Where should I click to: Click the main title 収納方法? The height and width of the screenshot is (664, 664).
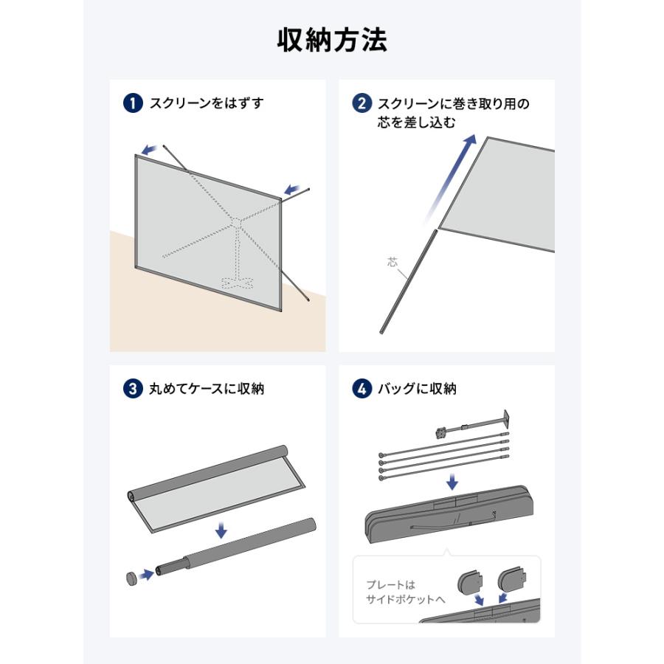coord(332,41)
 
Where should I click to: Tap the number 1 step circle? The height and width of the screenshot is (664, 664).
coord(133,103)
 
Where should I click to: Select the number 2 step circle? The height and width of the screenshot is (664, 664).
coord(362,103)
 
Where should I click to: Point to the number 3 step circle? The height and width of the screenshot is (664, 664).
coord(133,389)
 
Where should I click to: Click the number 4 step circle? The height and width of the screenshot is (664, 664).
coord(362,389)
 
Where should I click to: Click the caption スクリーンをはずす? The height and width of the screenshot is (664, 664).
coord(207,103)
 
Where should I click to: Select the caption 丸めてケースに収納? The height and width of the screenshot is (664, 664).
coord(207,389)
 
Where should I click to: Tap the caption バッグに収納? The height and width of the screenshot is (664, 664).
coord(417,389)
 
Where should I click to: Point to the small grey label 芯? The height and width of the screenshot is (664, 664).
coord(392,262)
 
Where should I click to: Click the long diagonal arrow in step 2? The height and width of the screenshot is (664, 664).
coord(450,179)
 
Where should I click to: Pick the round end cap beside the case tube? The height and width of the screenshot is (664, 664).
coord(133,578)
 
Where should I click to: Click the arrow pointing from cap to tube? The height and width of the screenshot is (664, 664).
coord(147,575)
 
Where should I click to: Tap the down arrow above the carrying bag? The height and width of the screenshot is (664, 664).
coord(452,482)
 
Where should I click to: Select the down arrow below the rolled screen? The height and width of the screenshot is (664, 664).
coord(221,530)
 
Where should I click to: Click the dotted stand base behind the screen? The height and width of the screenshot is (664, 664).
coord(237,283)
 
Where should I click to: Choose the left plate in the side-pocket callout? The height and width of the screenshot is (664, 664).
coord(470,581)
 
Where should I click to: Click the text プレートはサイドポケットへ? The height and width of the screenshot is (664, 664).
coord(406,592)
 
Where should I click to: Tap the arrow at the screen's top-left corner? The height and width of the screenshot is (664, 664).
coord(150,150)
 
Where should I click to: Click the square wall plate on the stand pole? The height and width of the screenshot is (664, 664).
coord(505,419)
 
